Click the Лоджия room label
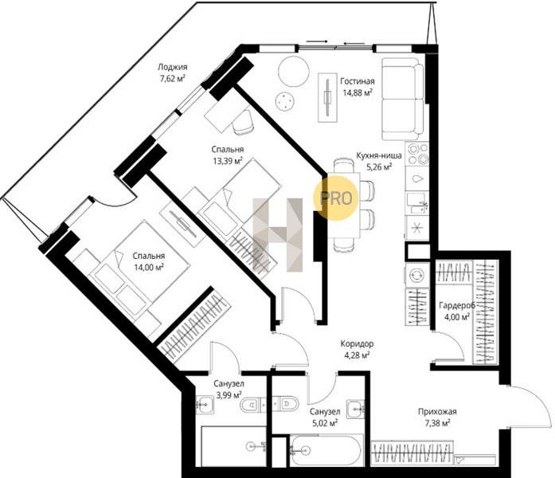[172, 67]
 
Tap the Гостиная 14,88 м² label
[358, 87]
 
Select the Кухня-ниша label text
[379, 155]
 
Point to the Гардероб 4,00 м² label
[457, 311]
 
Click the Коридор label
[357, 343]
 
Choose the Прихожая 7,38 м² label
[437, 417]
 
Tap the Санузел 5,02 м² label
[325, 417]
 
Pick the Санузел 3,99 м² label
[229, 389]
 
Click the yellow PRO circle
[336, 198]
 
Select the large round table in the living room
[294, 71]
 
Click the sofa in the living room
[403, 99]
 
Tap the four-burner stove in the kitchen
[417, 154]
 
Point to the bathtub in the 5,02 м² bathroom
[326, 450]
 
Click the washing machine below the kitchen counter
[416, 275]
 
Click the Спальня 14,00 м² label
[149, 261]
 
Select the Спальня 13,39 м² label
[228, 155]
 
